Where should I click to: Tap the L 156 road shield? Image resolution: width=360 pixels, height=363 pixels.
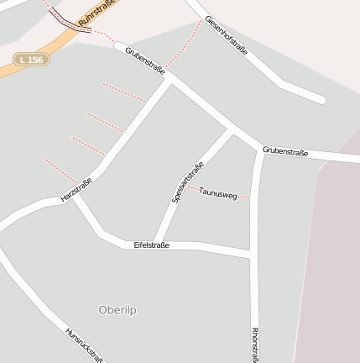click(32, 59)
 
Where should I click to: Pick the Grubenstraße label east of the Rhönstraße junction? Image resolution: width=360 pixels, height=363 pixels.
click(285, 152)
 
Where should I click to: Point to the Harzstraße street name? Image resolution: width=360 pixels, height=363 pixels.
click(76, 190)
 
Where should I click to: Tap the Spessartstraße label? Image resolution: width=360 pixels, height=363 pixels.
click(187, 181)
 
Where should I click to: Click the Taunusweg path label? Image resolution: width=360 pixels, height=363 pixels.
click(217, 194)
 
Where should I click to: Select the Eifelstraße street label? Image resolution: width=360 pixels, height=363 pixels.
click(151, 245)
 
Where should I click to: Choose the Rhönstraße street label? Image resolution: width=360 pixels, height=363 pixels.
click(255, 345)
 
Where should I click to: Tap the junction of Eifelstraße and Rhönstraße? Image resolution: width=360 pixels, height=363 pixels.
click(253, 252)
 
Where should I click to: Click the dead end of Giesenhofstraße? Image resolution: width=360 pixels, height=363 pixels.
click(321, 99)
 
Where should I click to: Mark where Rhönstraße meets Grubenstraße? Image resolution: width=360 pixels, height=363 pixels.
click(258, 147)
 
